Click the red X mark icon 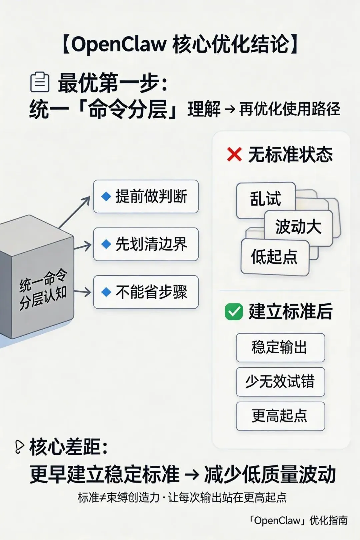pos(234,155)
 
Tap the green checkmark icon pos(234,312)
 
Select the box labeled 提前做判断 pos(146,196)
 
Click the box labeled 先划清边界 pos(146,244)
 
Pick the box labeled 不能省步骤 pos(146,292)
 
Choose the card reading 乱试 pos(266,199)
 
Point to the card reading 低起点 pos(274,257)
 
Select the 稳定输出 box pos(280,347)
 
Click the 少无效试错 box pos(280,382)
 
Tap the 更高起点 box pos(280,416)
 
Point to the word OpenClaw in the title pos(119,44)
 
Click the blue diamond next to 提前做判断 pos(106,196)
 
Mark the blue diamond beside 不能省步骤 pos(106,292)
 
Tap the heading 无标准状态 pos(290,155)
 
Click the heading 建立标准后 pos(290,312)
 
